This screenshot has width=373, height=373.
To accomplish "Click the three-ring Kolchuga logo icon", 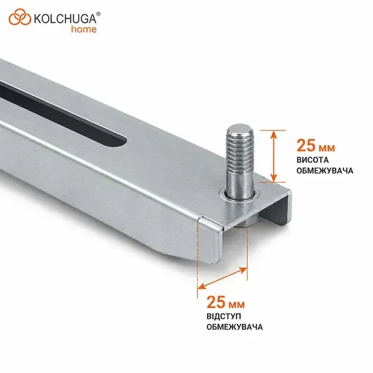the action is pyautogui.click(x=20, y=17).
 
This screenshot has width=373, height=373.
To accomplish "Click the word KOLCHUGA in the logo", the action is pyautogui.click(x=65, y=19).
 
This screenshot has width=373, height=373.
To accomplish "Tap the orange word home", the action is pyautogui.click(x=84, y=29).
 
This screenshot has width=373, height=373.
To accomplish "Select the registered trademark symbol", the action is pyautogui.click(x=98, y=14).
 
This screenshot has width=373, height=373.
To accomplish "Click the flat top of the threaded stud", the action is pyautogui.click(x=240, y=130).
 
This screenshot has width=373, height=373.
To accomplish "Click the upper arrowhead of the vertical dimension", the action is pyautogui.click(x=274, y=135).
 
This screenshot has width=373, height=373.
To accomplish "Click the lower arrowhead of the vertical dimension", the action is pyautogui.click(x=274, y=178).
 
